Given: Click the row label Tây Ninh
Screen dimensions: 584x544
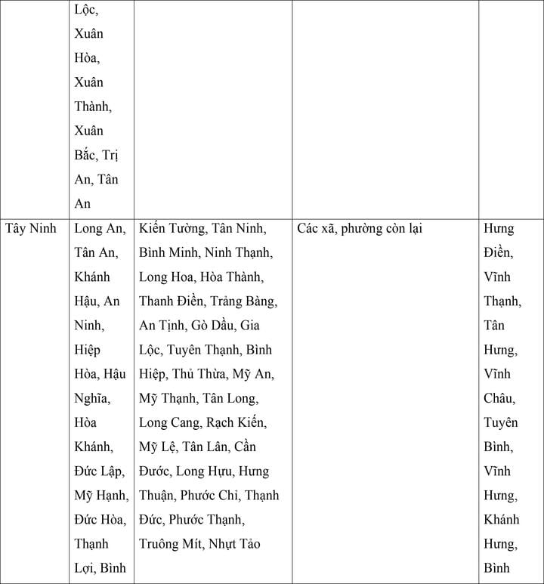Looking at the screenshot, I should coord(31,228).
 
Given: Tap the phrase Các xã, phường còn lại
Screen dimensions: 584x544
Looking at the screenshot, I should coord(360,228).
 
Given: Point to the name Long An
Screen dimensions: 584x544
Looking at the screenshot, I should coord(97,228).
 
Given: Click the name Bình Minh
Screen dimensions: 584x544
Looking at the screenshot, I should coord(168,252).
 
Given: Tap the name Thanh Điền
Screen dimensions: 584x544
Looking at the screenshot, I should coord(171,301).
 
